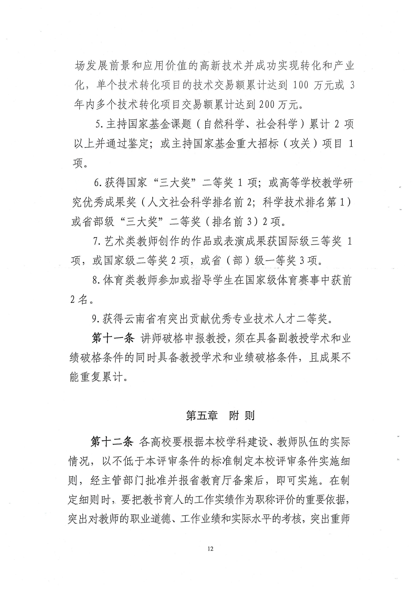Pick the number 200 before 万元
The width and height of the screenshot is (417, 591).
pyautogui.click(x=267, y=104)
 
